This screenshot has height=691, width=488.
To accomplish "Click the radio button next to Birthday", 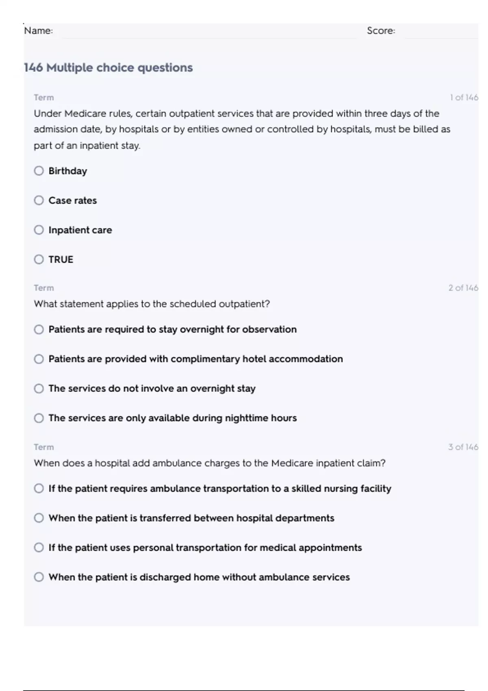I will pos(39,171).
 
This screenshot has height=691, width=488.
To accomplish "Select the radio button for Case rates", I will pos(39,200).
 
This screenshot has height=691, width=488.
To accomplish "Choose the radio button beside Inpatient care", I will pos(39,230).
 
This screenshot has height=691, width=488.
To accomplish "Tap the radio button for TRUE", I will pos(39,259).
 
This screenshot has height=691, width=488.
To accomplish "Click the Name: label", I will pos(38,31).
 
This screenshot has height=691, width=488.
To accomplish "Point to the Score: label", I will pos(381,31).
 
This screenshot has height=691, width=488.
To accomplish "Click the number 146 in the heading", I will pos(33,67).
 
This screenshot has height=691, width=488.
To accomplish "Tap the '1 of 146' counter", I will pos(464,98).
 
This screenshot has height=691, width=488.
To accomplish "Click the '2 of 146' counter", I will pos(463,288).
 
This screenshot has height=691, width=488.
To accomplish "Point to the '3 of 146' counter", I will pos(463,447).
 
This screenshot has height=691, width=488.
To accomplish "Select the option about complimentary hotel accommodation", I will pos(39,359).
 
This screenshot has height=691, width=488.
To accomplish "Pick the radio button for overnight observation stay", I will pos(39,329).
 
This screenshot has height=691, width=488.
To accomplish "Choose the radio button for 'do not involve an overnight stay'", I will pos(39,389).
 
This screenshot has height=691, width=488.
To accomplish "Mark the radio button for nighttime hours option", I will pos(39,418).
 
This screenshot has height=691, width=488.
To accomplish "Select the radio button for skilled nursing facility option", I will pos(39,488).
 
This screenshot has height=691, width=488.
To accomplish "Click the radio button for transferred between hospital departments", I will pos(39,518).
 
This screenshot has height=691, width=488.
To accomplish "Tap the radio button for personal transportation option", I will pos(39,548).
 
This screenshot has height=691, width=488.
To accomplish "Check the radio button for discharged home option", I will pos(39,577).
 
